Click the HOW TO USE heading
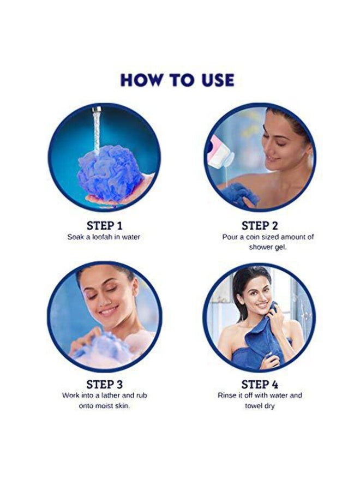pos(177,80)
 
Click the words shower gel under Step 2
pos(268,248)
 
